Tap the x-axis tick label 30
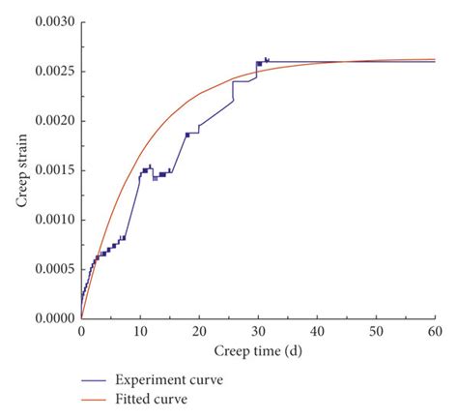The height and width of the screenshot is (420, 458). [258, 332]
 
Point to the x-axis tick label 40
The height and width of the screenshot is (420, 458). [317, 332]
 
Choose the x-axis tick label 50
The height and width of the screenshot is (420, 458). [376, 332]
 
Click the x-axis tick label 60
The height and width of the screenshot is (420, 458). [435, 332]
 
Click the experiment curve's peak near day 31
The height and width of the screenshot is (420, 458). [266, 59]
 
